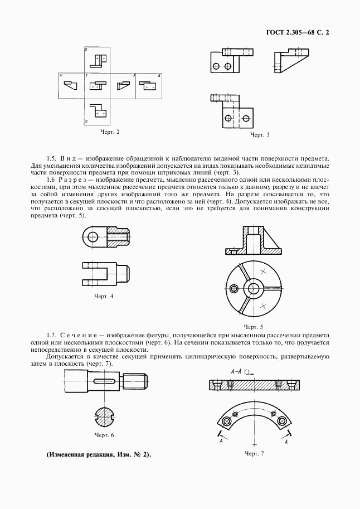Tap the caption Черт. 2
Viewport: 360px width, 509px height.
(110, 132)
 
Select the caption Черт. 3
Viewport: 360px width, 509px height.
(260, 135)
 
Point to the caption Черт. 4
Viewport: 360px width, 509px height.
(104, 296)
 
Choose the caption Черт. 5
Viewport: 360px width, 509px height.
(254, 326)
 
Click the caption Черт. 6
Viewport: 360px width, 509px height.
(104, 434)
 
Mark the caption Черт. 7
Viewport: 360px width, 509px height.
(254, 453)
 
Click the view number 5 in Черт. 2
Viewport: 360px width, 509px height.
(86, 50)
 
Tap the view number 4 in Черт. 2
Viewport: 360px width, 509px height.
(60, 75)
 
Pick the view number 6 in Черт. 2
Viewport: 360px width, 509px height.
(159, 75)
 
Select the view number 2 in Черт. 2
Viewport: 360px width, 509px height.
(86, 121)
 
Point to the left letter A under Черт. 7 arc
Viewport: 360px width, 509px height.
(221, 442)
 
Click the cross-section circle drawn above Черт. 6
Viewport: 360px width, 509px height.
(104, 416)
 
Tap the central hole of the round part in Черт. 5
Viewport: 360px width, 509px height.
(255, 288)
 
